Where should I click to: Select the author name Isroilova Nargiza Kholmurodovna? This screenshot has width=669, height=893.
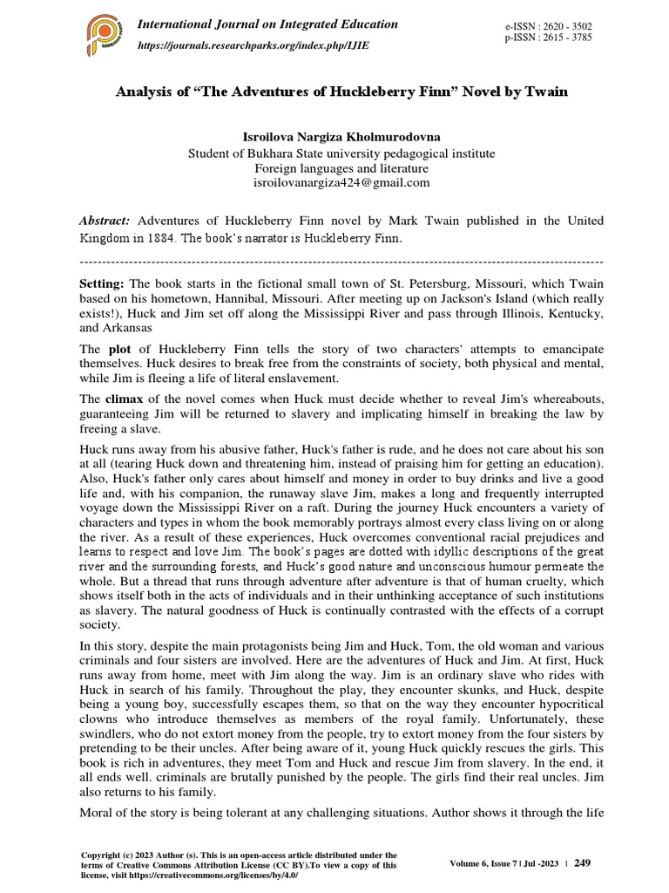pyautogui.click(x=341, y=138)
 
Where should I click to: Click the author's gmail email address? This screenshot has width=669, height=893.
pyautogui.click(x=341, y=182)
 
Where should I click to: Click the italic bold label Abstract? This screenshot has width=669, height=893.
pyautogui.click(x=105, y=222)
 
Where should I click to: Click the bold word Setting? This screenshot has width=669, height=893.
pyautogui.click(x=103, y=284)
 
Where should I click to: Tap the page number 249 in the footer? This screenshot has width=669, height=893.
pyautogui.click(x=582, y=863)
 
